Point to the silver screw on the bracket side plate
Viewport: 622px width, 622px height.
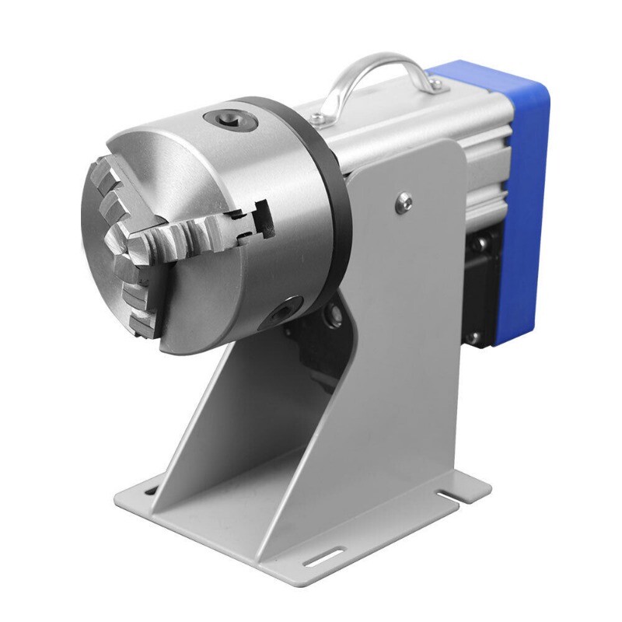point(403,202)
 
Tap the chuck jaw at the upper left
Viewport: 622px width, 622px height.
point(109,183)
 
